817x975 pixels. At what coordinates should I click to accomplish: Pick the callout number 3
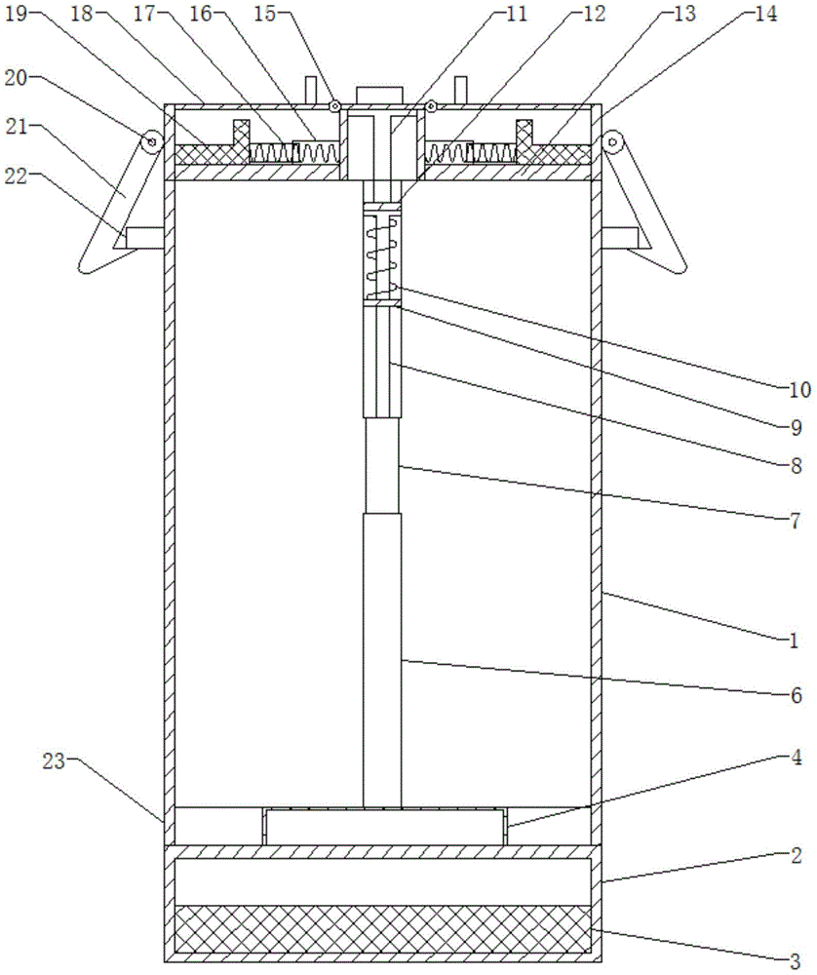pos(795,959)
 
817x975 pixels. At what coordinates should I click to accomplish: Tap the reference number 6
pos(795,695)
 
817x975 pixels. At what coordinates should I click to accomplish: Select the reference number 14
pos(766,15)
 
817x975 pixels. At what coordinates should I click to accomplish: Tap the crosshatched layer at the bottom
pos(381,928)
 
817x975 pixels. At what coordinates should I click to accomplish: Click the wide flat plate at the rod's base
pos(385,826)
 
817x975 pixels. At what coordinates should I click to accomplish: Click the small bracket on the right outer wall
pos(620,237)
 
